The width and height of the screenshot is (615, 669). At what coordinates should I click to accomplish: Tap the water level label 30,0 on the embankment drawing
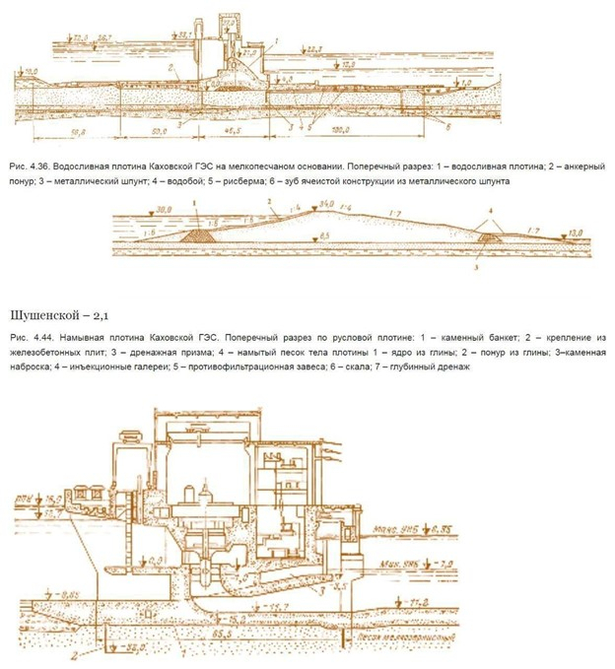coord(137,210)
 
